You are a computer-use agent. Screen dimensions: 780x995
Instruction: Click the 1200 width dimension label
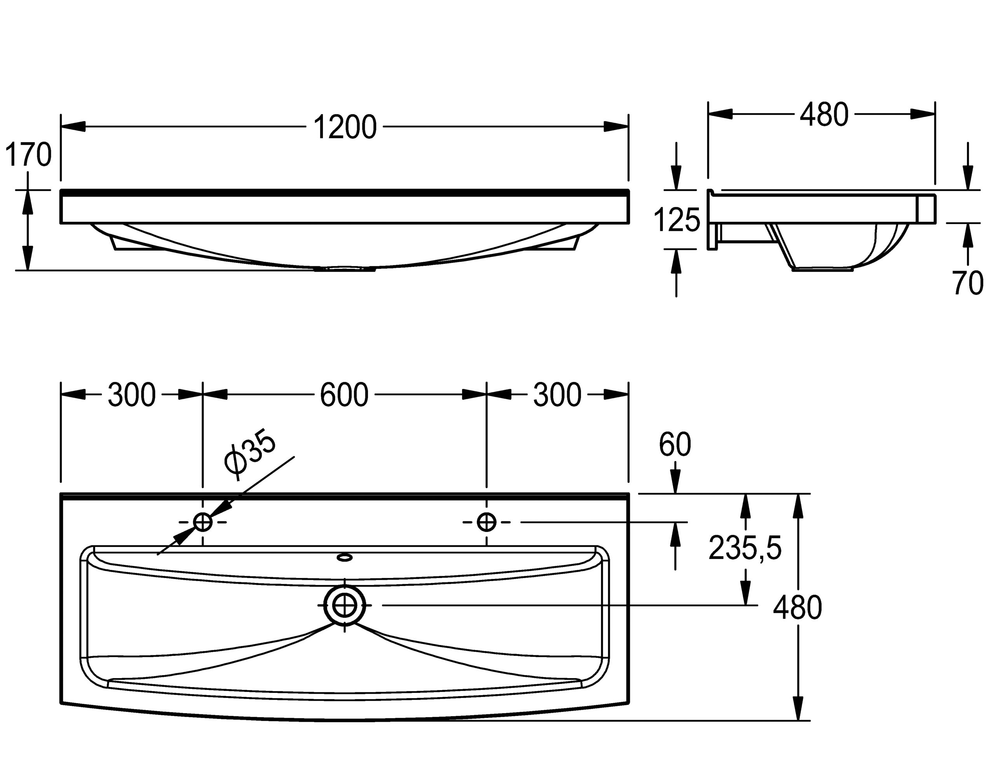(345, 127)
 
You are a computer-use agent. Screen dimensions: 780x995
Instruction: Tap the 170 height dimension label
(28, 154)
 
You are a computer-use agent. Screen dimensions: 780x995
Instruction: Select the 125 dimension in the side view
(676, 220)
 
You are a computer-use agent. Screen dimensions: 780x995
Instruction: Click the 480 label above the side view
(824, 115)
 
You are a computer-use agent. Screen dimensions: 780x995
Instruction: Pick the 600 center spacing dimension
(344, 394)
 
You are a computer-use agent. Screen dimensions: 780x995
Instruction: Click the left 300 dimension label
(131, 394)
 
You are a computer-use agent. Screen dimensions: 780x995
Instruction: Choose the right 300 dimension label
(557, 394)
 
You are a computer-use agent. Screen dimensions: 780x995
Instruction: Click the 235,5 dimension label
(745, 548)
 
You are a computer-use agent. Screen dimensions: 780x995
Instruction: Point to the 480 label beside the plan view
(797, 607)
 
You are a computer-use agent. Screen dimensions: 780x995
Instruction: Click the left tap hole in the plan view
(203, 522)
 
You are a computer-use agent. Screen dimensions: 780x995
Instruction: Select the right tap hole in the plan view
(486, 522)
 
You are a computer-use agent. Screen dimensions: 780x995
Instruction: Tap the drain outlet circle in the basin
(344, 606)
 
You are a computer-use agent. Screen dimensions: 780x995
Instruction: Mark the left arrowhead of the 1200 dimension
(73, 126)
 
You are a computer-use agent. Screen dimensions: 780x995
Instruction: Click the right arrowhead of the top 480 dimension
(922, 114)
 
